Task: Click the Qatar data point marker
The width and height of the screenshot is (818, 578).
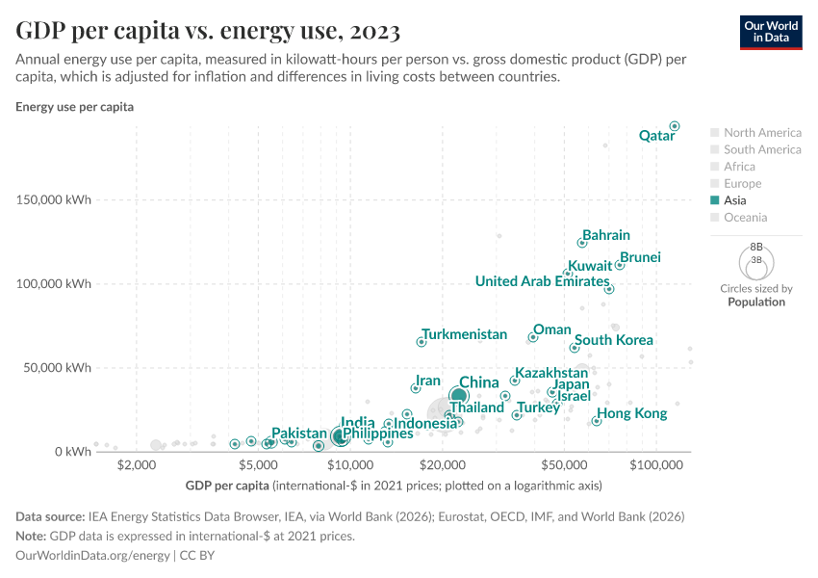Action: (675, 126)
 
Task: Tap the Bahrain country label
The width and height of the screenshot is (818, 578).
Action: (606, 235)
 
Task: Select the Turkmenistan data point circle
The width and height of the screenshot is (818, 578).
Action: (422, 342)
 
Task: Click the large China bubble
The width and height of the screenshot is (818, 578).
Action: (459, 395)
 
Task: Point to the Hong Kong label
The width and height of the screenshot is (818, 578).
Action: (632, 413)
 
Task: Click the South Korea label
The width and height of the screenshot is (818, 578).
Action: (614, 340)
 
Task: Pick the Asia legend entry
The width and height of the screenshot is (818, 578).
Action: (734, 200)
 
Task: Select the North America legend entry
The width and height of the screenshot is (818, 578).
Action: (761, 132)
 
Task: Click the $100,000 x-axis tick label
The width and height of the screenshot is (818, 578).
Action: (656, 465)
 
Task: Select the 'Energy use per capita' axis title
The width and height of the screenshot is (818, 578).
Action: (74, 107)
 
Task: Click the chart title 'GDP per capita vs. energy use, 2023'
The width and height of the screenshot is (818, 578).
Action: (208, 31)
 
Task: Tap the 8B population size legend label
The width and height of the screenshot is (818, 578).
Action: (756, 247)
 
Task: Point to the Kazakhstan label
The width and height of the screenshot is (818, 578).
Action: (551, 373)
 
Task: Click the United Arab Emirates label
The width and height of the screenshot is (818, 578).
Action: (542, 281)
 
